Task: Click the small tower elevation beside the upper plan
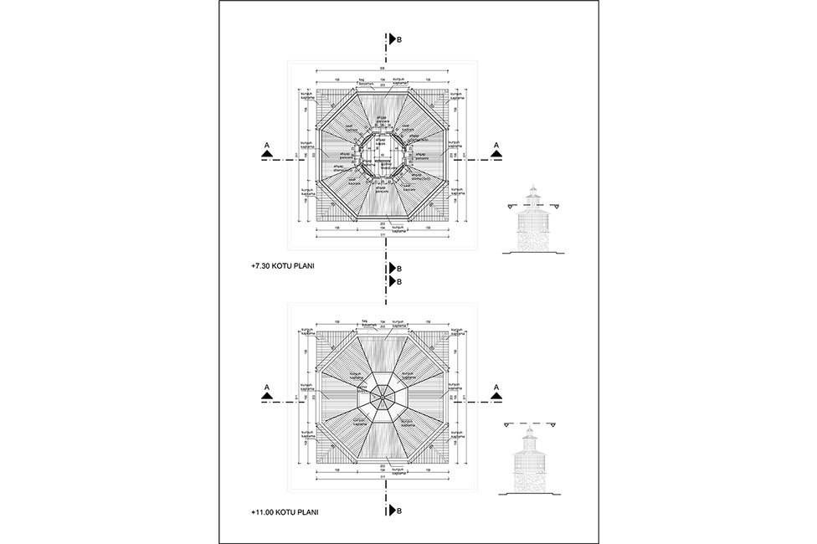click(x=530, y=222)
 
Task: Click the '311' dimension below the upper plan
click(x=383, y=236)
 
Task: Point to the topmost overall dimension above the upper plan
click(x=383, y=69)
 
